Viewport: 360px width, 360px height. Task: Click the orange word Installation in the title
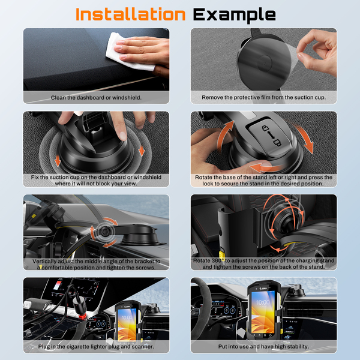[x=130, y=14]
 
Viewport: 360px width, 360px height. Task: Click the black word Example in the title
[x=234, y=15]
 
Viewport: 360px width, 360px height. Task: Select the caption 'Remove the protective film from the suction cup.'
[x=263, y=97]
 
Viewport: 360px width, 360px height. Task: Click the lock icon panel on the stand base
[x=271, y=136]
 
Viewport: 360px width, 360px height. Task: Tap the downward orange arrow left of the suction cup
[x=58, y=160]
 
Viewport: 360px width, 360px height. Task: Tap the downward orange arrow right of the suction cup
[x=142, y=151]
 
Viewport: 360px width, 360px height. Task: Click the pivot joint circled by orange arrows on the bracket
[x=105, y=232]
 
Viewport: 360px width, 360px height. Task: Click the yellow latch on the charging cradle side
[x=221, y=254]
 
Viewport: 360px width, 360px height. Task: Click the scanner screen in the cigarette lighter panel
[x=127, y=324]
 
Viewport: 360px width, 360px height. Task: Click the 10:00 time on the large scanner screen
[x=263, y=302]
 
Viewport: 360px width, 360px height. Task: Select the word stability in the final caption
[x=298, y=346]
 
